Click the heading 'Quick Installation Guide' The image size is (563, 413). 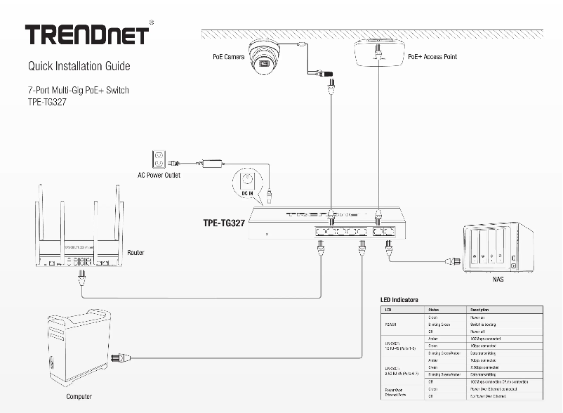(x=79, y=67)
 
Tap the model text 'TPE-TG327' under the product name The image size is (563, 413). (x=45, y=101)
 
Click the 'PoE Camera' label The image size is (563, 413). (x=228, y=56)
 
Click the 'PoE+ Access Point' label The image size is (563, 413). (x=432, y=56)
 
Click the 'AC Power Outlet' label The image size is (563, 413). (x=159, y=175)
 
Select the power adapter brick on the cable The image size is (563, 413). (x=212, y=164)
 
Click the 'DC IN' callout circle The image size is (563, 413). (x=247, y=182)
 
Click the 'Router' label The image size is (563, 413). (x=135, y=252)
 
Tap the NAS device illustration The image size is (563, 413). (x=494, y=249)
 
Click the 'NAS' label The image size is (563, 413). (x=498, y=279)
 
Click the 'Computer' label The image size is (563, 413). (x=79, y=397)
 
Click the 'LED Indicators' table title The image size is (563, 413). (x=399, y=300)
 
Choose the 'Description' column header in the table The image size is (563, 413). (x=480, y=310)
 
